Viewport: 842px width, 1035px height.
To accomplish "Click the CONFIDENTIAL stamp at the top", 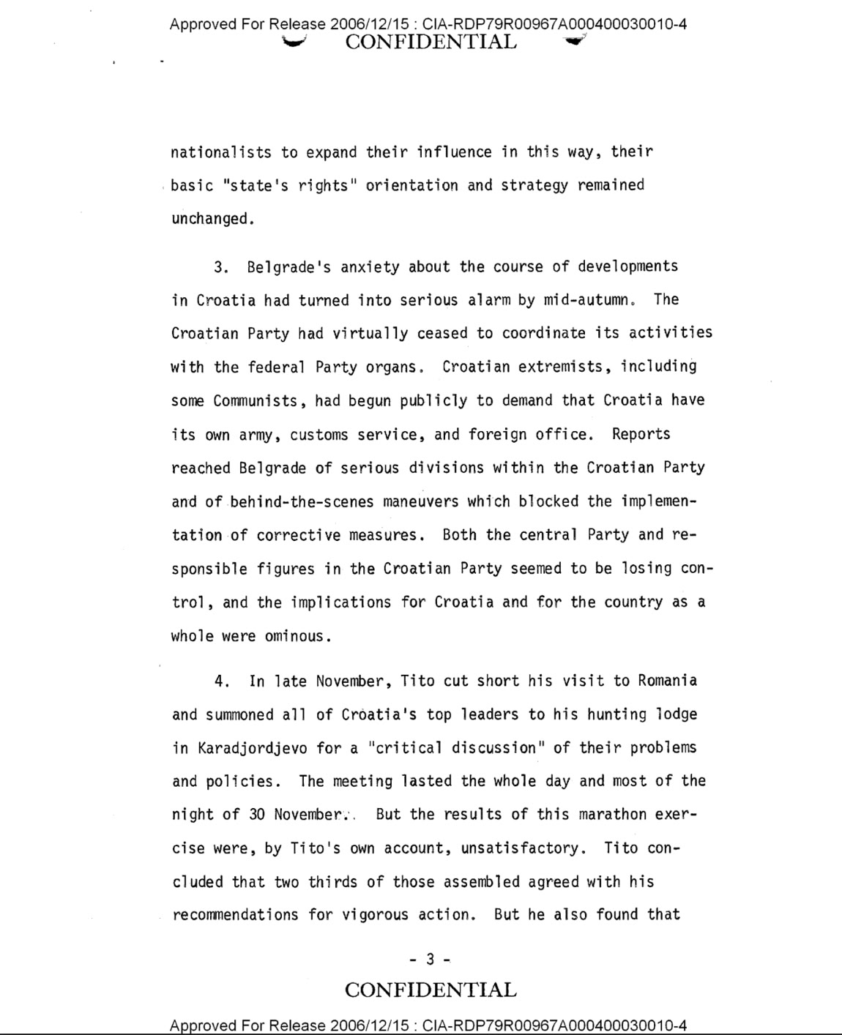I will [431, 42].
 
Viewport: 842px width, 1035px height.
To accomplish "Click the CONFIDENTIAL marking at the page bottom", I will [431, 990].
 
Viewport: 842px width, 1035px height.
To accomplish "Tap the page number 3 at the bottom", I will [431, 958].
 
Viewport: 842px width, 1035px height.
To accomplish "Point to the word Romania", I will [667, 681].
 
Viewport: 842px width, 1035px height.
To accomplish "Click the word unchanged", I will [212, 219].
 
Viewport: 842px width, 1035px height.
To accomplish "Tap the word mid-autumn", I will [592, 300].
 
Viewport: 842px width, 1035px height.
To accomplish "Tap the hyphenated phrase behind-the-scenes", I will [302, 501].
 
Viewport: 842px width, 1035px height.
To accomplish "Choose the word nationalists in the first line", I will [220, 152].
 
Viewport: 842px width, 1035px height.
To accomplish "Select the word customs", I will [319, 435].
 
